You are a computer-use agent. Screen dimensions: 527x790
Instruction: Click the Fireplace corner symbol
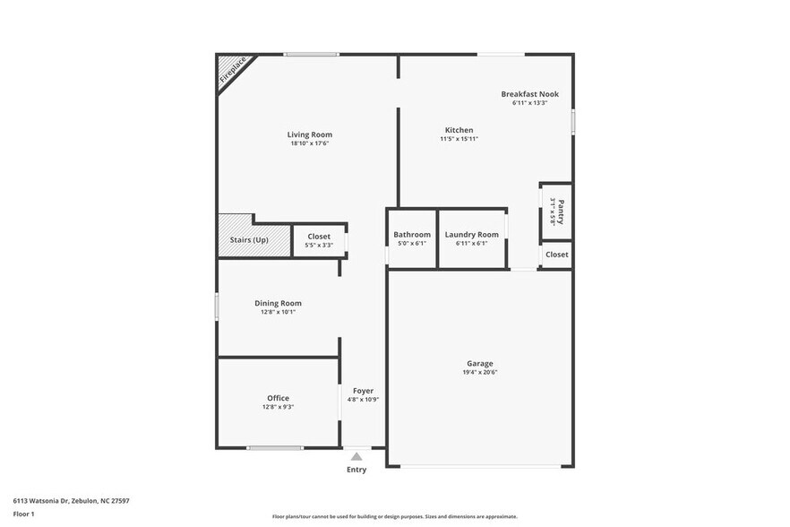point(233,70)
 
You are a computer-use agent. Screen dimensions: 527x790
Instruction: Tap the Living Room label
point(310,134)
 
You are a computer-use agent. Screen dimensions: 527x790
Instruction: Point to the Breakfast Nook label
point(529,94)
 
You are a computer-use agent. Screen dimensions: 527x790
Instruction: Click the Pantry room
point(556,212)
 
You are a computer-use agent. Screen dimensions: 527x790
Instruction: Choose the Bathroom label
point(412,235)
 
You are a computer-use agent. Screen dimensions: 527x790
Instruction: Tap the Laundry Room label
point(471,235)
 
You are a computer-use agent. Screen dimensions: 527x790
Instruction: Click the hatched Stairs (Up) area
point(253,240)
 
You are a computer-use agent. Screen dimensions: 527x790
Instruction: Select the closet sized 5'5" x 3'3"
point(319,240)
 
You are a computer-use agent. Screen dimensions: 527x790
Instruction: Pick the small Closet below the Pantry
point(556,255)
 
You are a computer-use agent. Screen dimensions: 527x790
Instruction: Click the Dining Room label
point(278,303)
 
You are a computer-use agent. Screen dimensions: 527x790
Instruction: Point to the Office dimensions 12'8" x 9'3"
point(278,407)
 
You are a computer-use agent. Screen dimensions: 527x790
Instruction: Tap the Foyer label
point(363,391)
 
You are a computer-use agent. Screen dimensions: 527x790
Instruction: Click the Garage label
point(480,363)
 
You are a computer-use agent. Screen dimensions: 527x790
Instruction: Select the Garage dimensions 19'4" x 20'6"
point(480,372)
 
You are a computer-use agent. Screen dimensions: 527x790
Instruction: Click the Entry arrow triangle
point(356,456)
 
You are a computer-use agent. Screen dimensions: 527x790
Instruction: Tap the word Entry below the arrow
point(356,470)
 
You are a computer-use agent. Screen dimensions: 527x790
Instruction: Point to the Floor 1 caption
point(24,514)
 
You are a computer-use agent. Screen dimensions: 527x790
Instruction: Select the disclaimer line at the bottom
point(394,516)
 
